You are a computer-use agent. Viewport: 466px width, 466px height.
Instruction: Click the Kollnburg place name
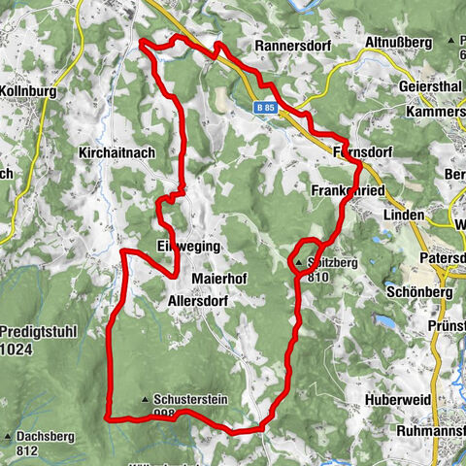click(29, 91)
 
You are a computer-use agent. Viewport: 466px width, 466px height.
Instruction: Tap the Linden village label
click(404, 215)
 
